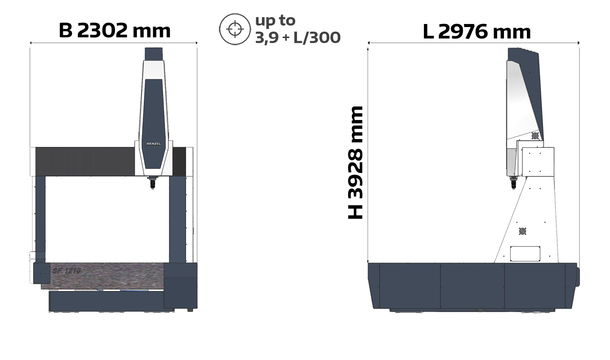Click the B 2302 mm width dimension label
tap(115, 30)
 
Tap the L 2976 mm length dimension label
tap(477, 32)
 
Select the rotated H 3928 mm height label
tap(356, 162)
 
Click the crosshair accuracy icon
tap(235, 29)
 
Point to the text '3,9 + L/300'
tap(298, 38)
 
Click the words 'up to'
tap(275, 21)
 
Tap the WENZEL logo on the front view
tap(154, 144)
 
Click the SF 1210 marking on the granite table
tap(67, 271)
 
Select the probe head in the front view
tap(152, 182)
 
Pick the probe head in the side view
tap(514, 182)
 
